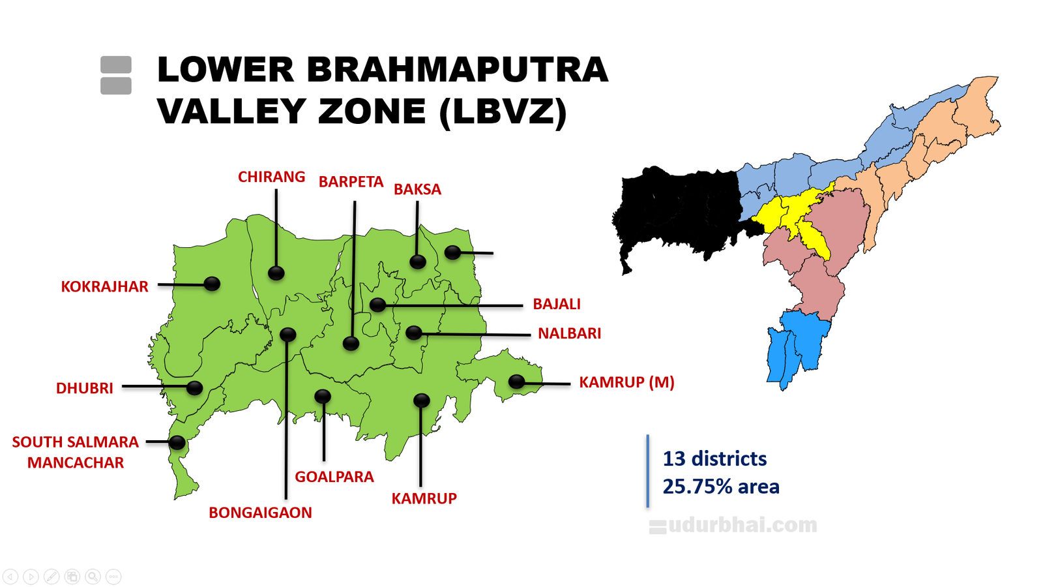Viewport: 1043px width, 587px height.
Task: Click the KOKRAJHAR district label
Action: (104, 286)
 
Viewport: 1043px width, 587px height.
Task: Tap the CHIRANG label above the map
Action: (271, 177)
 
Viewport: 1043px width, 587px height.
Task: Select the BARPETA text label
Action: (351, 182)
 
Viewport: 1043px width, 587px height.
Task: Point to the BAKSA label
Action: (417, 189)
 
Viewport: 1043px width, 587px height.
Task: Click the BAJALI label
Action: (556, 304)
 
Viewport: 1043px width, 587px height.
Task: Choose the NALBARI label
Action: (569, 333)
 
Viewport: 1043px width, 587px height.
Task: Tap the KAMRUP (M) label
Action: (626, 382)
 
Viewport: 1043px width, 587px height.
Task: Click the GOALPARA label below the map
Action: (334, 477)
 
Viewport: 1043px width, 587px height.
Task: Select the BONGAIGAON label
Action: (260, 513)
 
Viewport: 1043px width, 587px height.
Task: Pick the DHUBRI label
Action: (85, 388)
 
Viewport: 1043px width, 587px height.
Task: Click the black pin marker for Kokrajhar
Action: (212, 284)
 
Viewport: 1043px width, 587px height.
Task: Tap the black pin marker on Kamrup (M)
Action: (516, 382)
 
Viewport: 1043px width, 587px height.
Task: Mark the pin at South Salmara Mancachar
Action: (177, 442)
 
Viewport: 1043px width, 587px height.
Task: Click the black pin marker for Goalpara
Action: (323, 396)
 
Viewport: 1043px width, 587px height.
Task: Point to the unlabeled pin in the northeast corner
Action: (452, 252)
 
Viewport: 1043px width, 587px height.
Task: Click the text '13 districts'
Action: (714, 459)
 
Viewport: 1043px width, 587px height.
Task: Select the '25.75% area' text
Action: (721, 487)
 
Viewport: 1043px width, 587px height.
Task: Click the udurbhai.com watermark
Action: (733, 524)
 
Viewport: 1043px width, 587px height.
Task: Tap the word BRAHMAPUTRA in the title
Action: (457, 70)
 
